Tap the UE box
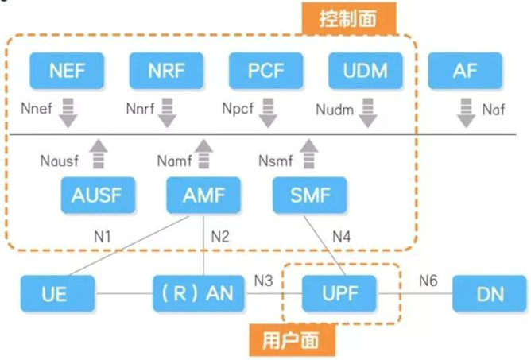(56, 293)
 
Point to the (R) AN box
(193, 293)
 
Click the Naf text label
(494, 110)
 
